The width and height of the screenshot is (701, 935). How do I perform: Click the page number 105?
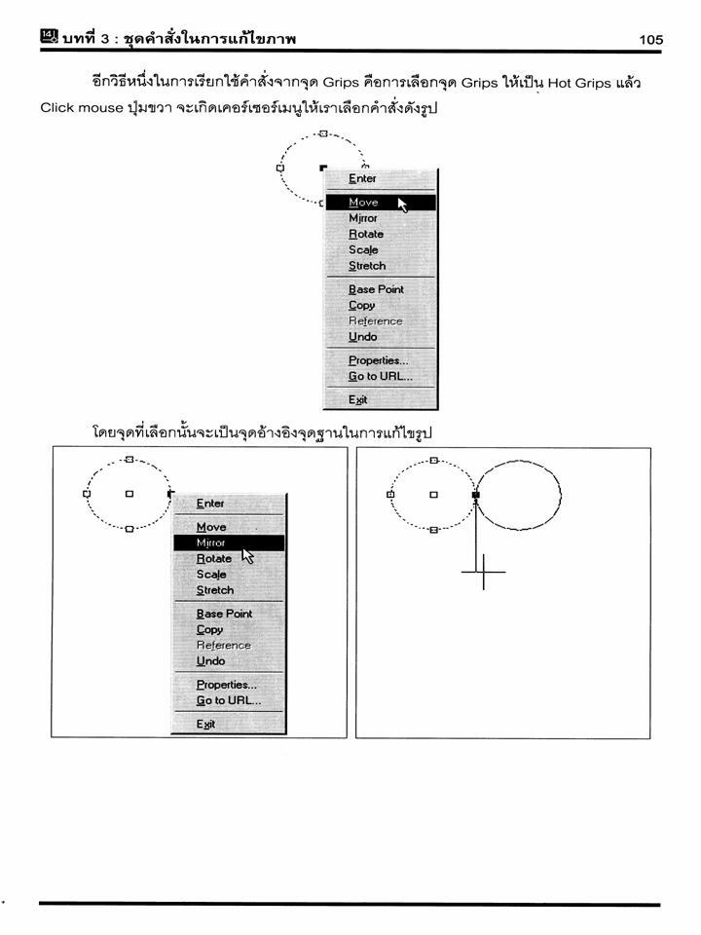651,40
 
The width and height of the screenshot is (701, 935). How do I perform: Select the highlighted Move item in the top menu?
363,203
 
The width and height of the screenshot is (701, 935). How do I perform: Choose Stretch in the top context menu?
367,266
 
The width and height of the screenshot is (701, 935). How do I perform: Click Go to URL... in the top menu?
381,376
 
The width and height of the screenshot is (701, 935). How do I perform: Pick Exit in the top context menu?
357,399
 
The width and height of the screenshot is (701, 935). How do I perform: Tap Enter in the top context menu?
362,178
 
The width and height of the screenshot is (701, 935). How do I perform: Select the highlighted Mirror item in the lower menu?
211,542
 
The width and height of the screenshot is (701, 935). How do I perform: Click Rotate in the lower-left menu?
214,559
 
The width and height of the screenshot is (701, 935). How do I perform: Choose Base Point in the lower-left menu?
224,614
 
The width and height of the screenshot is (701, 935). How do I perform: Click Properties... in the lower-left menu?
227,685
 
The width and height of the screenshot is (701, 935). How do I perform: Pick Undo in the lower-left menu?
211,661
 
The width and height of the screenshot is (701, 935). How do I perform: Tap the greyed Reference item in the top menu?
376,320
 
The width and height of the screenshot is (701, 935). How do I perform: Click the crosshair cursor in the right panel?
484,572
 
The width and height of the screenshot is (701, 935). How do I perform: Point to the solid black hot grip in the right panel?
476,495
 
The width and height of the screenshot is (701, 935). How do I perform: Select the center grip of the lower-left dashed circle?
129,494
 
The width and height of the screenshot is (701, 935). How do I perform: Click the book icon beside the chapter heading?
50,36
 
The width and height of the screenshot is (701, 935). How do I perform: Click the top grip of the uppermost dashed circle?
323,133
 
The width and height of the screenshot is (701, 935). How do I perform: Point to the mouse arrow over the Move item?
402,205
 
